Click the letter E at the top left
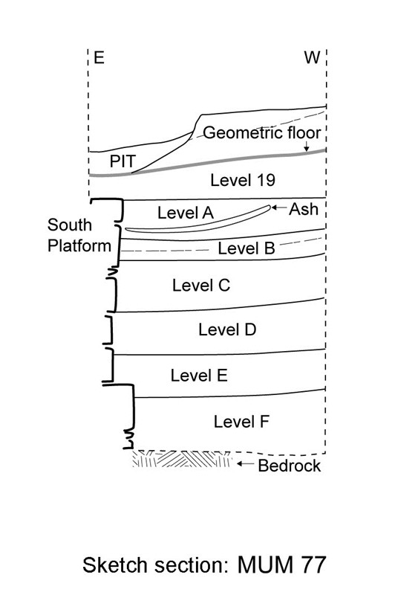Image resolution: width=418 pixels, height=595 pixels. (x=99, y=58)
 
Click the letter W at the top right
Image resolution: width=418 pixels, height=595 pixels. (x=313, y=58)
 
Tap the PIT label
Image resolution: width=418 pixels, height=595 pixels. (x=123, y=161)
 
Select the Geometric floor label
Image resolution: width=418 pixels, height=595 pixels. (x=262, y=133)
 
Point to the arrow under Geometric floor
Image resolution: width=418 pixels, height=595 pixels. (x=306, y=146)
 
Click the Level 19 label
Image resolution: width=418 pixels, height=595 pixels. (x=243, y=180)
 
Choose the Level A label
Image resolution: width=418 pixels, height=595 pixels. (x=186, y=213)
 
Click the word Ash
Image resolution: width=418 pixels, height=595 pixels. (x=304, y=209)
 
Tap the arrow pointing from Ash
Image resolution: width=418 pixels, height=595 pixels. (x=279, y=208)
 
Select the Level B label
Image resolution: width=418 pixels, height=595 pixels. (x=246, y=248)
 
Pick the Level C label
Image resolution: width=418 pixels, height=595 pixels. (x=201, y=286)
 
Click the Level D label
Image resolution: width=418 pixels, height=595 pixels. (x=227, y=329)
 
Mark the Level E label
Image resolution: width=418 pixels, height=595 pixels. (x=199, y=376)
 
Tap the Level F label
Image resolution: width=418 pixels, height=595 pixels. (x=241, y=422)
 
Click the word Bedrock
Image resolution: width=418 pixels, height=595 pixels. (x=289, y=466)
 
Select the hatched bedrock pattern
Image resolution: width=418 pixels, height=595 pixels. (x=182, y=459)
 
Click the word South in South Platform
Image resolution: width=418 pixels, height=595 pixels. (x=70, y=225)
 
